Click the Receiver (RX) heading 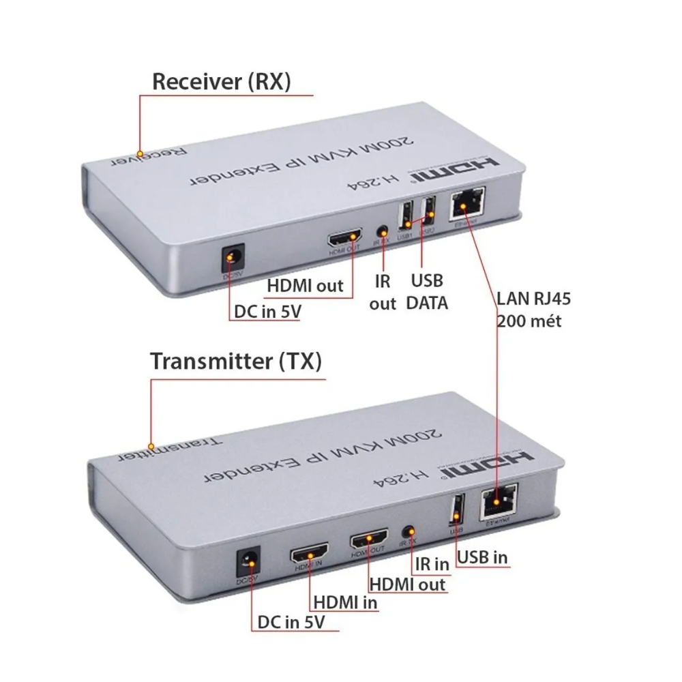[222, 82]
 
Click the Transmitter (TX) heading [235, 361]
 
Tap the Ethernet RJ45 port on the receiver [466, 203]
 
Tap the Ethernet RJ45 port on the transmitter [499, 504]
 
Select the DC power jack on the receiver [235, 258]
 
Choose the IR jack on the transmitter [410, 531]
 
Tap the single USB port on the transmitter [456, 509]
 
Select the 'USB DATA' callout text [427, 292]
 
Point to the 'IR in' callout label [432, 564]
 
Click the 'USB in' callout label [482, 557]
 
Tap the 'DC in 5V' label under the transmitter [291, 623]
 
